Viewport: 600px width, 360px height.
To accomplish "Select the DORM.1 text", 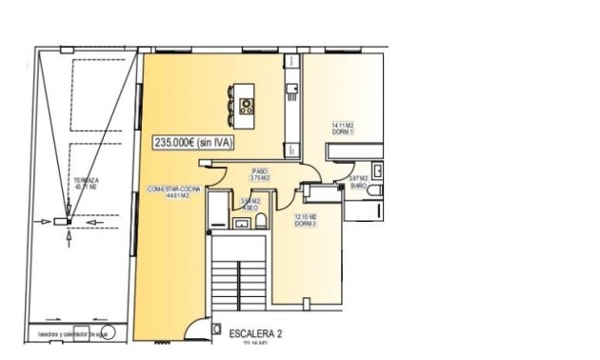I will (343, 131).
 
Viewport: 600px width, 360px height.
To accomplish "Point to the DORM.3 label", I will (306, 222).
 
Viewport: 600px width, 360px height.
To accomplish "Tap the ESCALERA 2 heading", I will (255, 334).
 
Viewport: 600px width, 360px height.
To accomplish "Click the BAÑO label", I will (358, 187).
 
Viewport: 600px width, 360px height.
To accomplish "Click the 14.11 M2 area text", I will (343, 125).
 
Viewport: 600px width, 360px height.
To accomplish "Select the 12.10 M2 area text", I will (306, 215).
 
